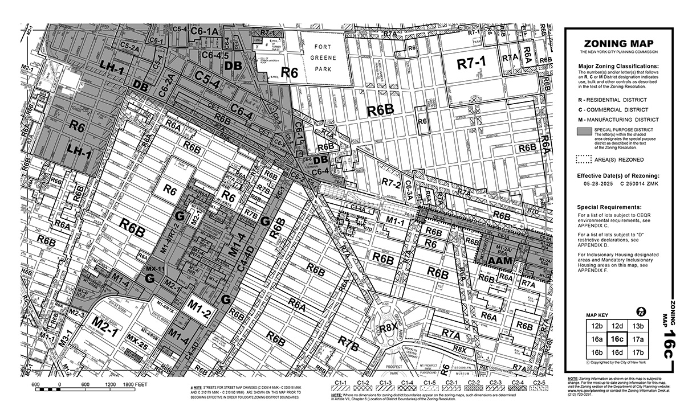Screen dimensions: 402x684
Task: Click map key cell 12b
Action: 597,326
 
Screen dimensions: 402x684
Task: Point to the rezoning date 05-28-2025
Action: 598,184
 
